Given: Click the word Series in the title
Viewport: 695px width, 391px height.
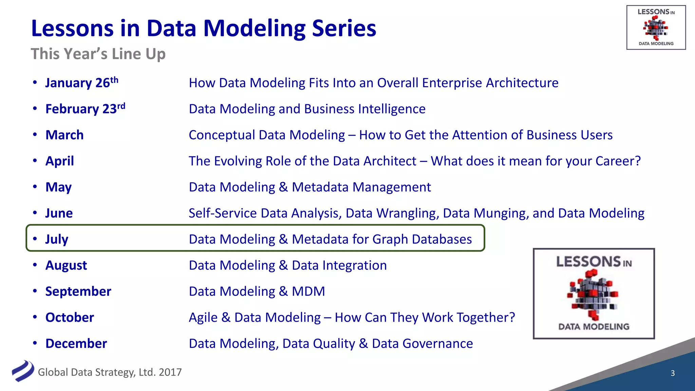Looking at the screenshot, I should coord(344,28).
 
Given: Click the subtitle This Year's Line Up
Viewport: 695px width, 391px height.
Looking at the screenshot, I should coord(98,54).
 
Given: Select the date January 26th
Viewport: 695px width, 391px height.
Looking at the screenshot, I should coord(81,83).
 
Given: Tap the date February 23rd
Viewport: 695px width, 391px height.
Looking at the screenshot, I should coord(85,109).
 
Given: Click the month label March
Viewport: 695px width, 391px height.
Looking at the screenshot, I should coord(64,135).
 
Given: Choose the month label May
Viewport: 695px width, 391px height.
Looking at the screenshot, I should coord(58,187).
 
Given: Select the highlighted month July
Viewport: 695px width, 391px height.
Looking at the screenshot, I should coord(57,239).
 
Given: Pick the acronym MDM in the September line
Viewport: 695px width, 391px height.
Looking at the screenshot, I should coord(308,292).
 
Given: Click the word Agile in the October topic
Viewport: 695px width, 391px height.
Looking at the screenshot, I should coord(203,318).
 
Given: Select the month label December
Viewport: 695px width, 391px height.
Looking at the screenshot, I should coord(76,343).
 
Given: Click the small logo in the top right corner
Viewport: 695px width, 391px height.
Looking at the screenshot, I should coord(656,27).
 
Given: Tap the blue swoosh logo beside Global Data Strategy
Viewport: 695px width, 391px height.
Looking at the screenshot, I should coord(23,371).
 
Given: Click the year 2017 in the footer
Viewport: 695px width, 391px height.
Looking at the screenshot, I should coord(170,372).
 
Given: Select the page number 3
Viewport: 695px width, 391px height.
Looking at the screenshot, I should coord(673,373).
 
